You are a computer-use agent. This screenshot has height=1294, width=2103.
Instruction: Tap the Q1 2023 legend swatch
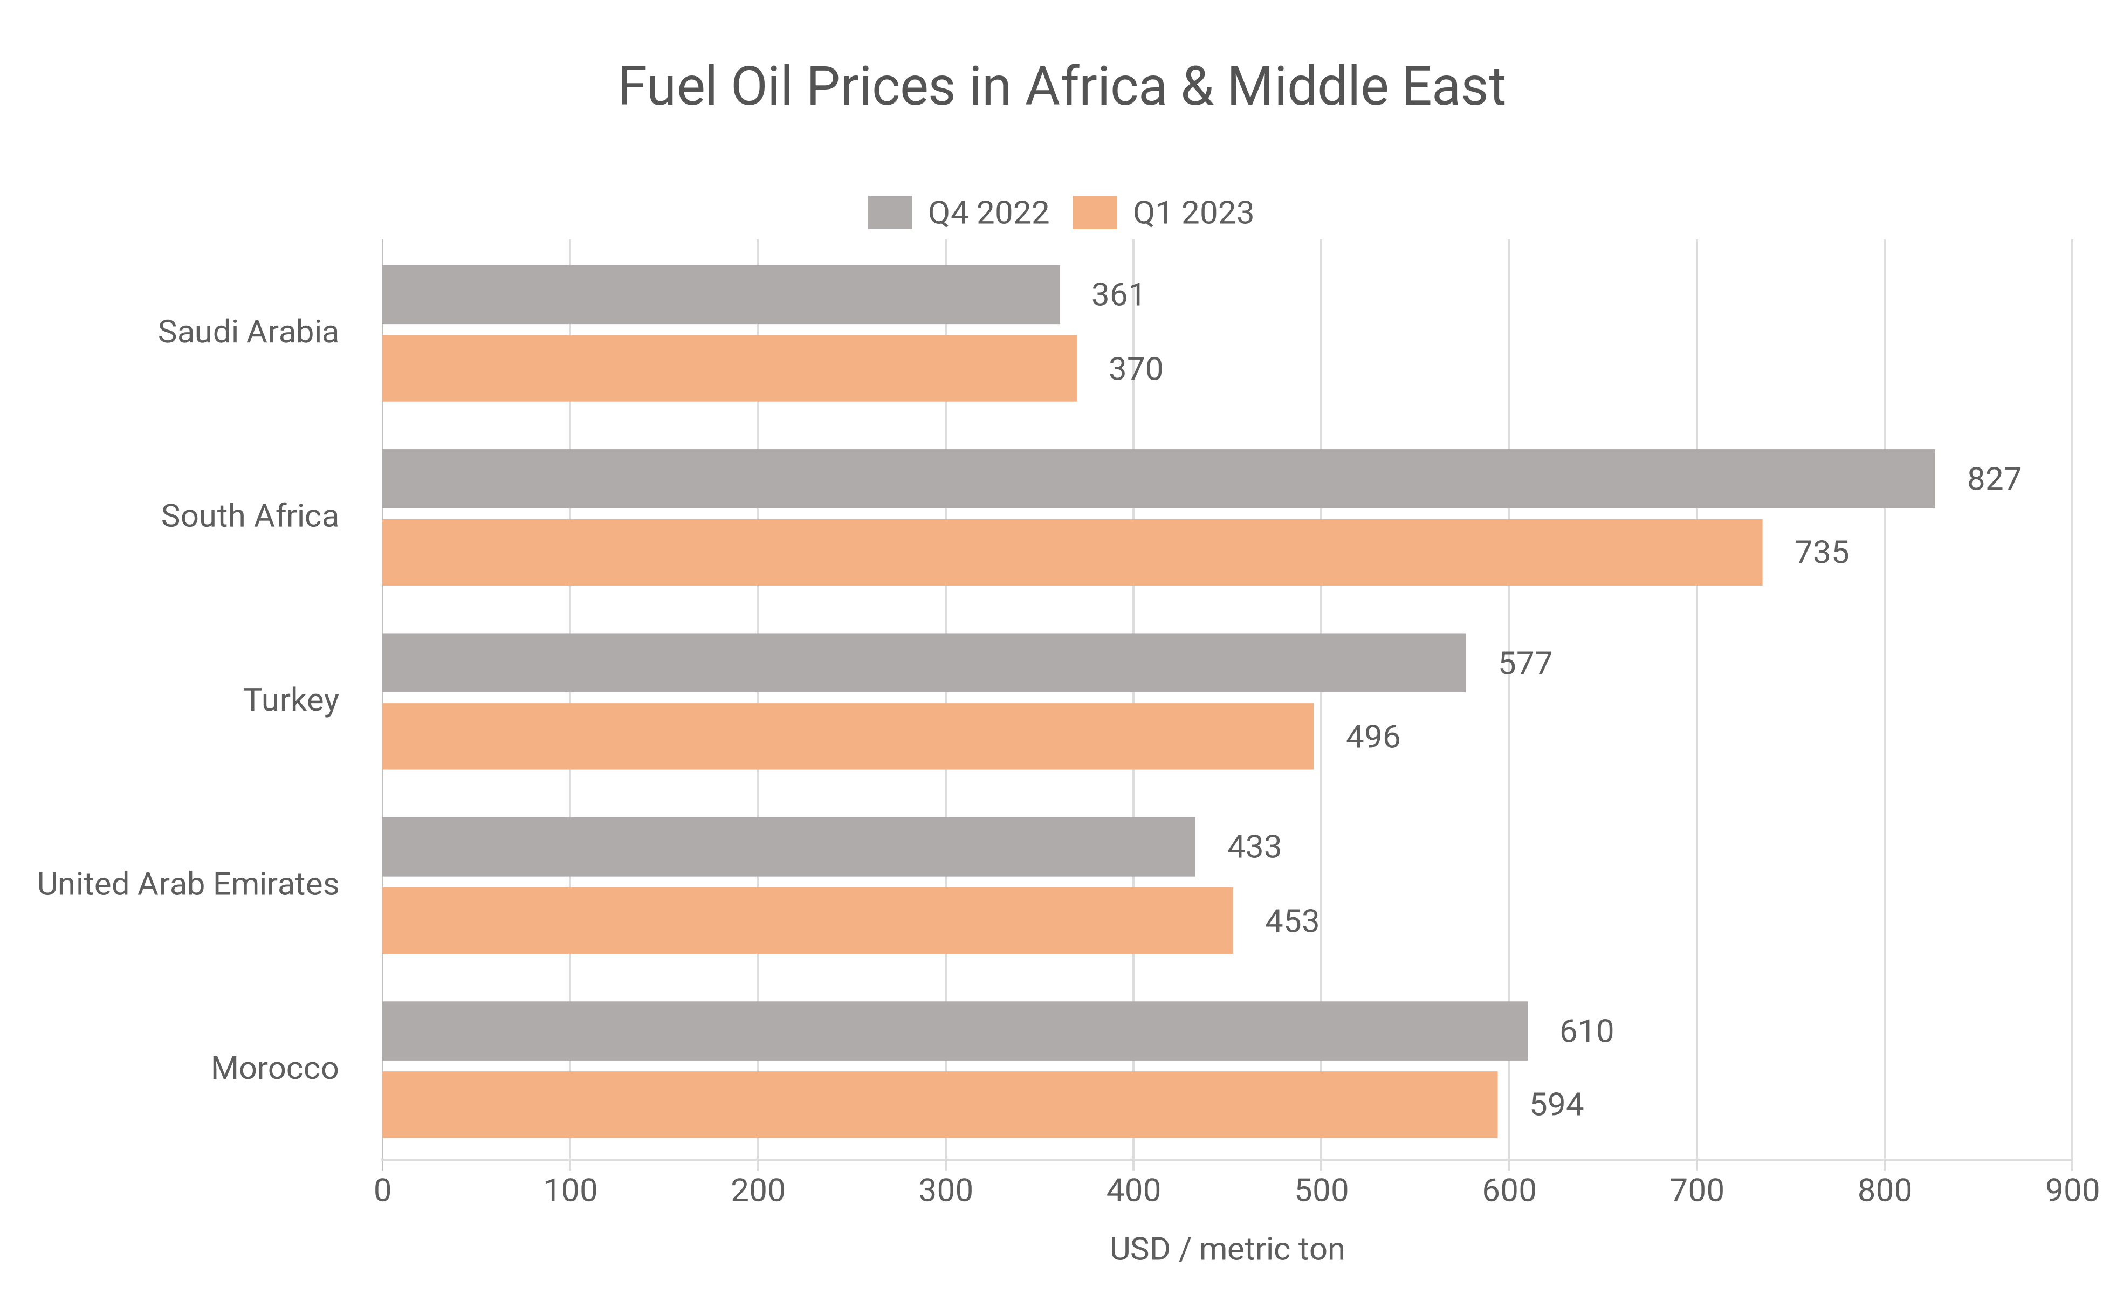click(1094, 212)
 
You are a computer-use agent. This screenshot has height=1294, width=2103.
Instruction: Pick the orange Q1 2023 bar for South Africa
click(1071, 552)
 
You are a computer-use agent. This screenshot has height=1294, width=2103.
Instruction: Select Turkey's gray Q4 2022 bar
click(923, 663)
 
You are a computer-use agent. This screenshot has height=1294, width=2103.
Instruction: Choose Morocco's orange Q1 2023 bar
click(939, 1104)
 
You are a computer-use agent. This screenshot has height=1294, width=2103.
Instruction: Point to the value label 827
click(1994, 479)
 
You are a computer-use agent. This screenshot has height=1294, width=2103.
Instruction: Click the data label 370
click(1135, 369)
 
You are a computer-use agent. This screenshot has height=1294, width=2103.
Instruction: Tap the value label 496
click(1372, 737)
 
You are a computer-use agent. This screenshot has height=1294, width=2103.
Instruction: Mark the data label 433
click(1253, 847)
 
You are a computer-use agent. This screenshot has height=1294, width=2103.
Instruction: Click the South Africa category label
click(249, 516)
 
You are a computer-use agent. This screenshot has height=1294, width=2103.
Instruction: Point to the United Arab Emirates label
click(188, 884)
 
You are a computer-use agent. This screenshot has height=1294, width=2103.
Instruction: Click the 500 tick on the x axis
click(1321, 1190)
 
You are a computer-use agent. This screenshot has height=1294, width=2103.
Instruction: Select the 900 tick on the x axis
click(2071, 1190)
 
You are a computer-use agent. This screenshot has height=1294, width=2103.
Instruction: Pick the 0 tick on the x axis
click(383, 1190)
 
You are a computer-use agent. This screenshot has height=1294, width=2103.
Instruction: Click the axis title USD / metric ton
click(1227, 1249)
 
